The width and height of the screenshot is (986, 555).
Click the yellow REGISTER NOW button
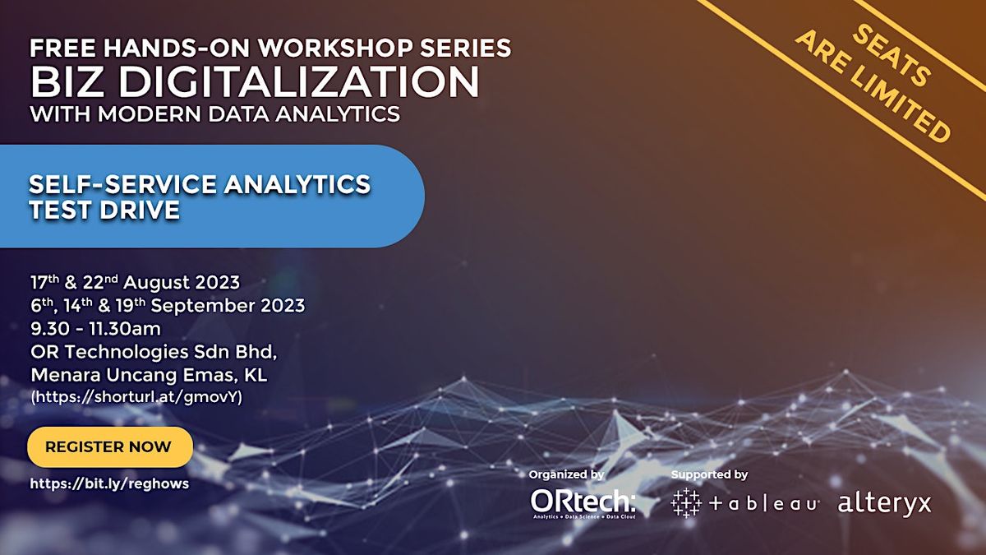click(x=110, y=446)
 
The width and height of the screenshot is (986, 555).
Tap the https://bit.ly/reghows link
click(x=109, y=483)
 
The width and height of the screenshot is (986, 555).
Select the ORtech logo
click(x=583, y=503)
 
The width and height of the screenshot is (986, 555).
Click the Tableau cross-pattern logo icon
click(x=686, y=502)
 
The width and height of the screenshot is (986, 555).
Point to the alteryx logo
click(x=884, y=503)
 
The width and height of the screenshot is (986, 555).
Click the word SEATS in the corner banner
click(x=892, y=55)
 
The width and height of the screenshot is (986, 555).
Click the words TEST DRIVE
click(x=104, y=210)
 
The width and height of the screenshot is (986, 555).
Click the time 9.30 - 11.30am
click(x=95, y=329)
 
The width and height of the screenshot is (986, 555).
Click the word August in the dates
click(x=155, y=283)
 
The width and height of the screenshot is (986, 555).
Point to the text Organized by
click(x=566, y=475)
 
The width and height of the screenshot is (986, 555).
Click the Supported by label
click(x=709, y=475)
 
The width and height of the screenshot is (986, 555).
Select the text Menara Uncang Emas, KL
click(x=149, y=375)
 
